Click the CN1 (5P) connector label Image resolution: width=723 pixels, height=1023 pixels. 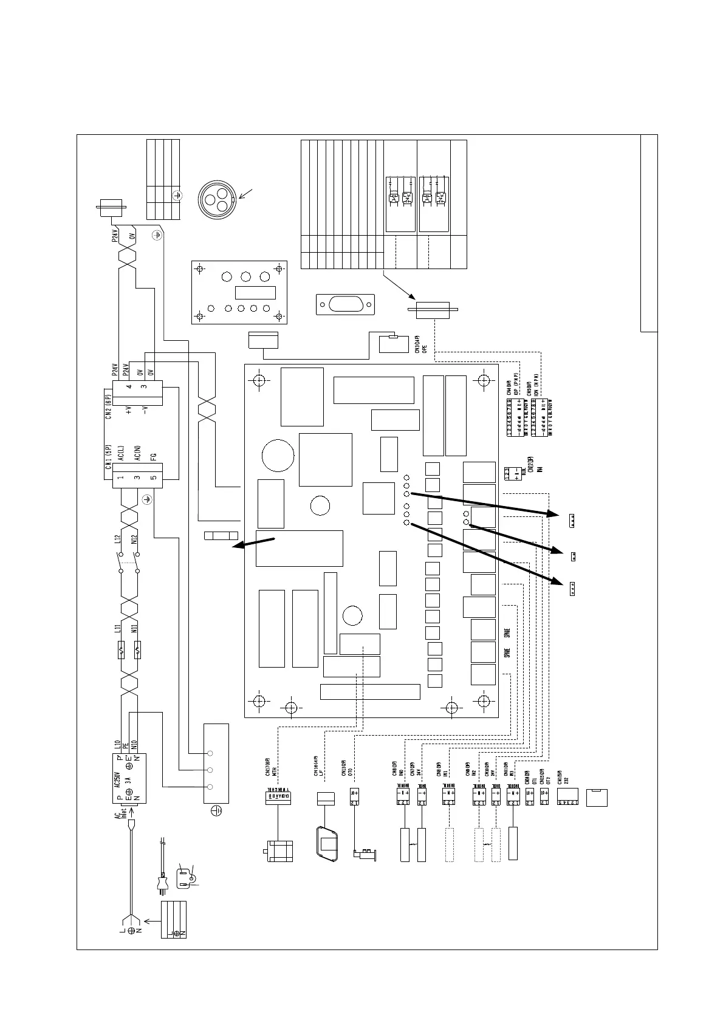pos(108,458)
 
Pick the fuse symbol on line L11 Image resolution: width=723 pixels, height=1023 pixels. pos(122,651)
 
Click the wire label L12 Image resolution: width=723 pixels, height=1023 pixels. pos(118,538)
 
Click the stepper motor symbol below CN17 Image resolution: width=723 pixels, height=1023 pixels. pos(280,850)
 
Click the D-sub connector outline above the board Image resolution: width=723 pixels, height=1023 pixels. pos(345,304)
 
